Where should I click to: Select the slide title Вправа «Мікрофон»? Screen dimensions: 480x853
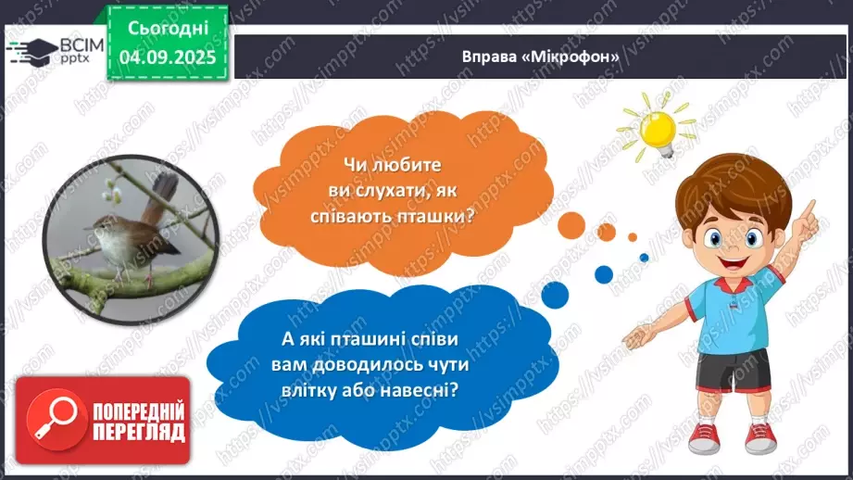coord(540,55)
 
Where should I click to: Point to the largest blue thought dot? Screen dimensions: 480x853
coord(554,295)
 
